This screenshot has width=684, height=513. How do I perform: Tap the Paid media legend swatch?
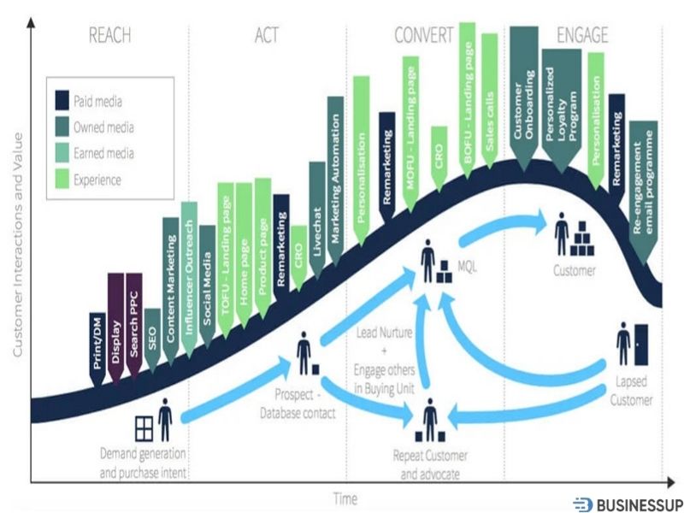[x=62, y=102]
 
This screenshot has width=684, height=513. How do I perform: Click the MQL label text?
[x=468, y=267]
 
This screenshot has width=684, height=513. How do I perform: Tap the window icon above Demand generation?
[x=144, y=425]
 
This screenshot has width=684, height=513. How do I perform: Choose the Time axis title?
[x=345, y=498]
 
